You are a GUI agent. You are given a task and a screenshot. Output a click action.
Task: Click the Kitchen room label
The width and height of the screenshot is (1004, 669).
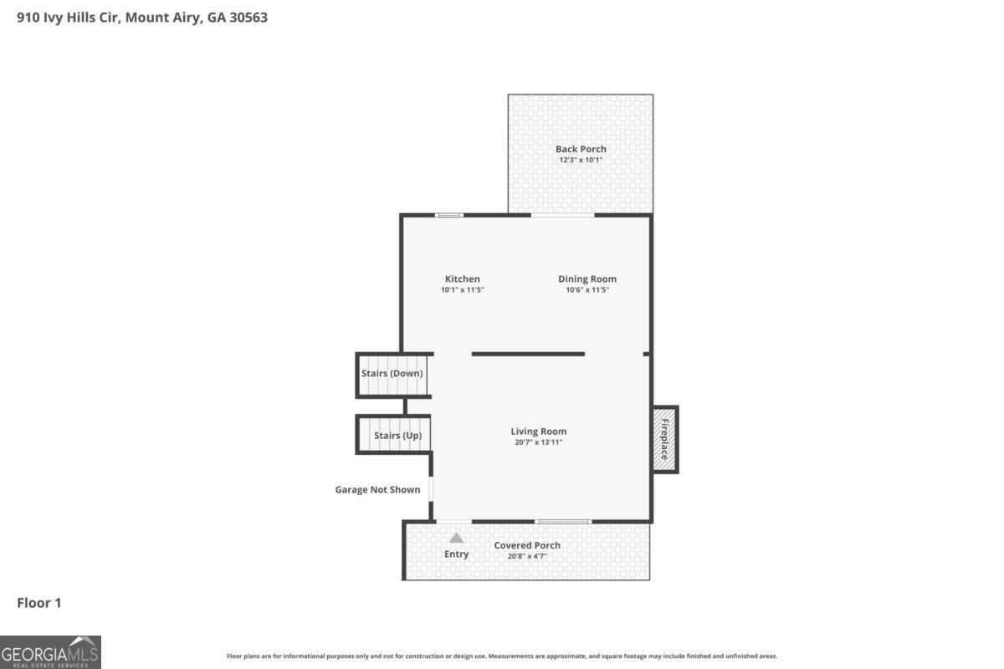(462, 279)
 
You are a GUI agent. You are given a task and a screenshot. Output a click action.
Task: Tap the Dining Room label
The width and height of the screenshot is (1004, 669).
(587, 279)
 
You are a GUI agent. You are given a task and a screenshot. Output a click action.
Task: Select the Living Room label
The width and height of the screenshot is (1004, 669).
(539, 432)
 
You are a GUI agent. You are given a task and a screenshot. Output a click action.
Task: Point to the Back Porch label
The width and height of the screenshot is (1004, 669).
(581, 149)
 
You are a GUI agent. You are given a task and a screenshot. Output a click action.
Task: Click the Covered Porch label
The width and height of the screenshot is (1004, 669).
(527, 545)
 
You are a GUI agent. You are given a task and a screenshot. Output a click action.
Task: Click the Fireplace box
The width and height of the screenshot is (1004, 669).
(665, 439)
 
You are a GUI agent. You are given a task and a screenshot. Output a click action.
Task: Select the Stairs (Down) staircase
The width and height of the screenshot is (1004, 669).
(392, 374)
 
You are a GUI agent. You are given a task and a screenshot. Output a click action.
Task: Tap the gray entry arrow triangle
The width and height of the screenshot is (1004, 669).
(456, 538)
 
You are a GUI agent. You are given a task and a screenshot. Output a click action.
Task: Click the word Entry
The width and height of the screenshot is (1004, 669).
(456, 554)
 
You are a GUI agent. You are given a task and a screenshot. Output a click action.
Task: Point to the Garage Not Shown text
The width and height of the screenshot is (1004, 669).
(377, 489)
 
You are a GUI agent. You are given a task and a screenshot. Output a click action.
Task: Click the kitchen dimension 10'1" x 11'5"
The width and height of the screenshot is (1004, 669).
(463, 290)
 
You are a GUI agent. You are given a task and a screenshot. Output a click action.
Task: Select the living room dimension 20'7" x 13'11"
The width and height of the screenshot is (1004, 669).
(539, 442)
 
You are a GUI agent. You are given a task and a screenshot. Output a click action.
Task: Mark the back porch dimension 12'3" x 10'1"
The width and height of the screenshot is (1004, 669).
(581, 160)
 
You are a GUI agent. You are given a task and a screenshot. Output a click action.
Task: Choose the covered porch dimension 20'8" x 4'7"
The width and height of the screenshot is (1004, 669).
(527, 555)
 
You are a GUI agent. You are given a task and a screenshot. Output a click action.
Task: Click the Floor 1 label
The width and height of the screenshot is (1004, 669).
(39, 602)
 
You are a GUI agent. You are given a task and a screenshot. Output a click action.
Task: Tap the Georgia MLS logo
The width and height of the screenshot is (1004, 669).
(50, 651)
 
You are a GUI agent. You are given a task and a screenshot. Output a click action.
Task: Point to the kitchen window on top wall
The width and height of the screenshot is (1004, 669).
(449, 215)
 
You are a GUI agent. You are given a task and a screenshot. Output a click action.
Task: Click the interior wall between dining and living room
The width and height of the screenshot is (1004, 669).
(528, 354)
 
